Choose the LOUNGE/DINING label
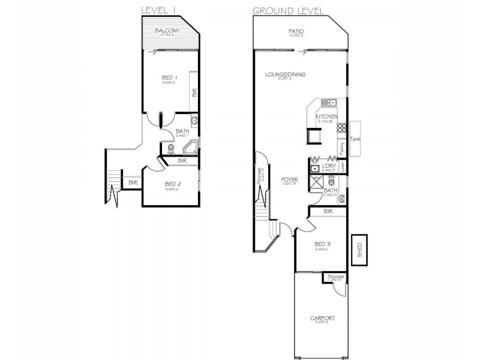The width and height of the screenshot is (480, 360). [x=286, y=75]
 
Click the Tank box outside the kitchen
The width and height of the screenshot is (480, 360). [x=355, y=138]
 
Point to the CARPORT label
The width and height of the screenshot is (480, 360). [x=322, y=318]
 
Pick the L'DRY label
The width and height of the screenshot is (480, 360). [x=328, y=166]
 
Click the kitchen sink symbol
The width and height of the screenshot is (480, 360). [x=328, y=103]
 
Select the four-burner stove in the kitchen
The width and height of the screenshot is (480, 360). [x=342, y=128]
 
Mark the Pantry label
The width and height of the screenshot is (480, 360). [x=341, y=146]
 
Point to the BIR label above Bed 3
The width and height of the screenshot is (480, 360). [x=328, y=211]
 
